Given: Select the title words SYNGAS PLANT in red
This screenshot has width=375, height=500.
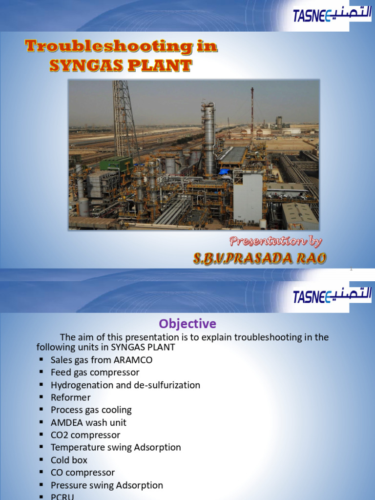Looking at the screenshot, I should [121, 65].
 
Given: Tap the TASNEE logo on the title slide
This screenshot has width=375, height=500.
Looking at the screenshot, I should [332, 16].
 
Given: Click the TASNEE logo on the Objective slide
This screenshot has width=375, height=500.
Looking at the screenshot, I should [332, 296].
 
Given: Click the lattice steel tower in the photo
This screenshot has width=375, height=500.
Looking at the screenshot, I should [123, 117].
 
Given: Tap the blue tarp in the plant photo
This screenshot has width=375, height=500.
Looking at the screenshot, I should [224, 171].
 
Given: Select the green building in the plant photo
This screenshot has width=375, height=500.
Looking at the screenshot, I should [116, 164].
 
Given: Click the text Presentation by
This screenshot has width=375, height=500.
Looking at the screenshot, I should [275, 241].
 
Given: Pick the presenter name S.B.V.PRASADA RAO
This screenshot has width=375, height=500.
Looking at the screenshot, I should [259, 259].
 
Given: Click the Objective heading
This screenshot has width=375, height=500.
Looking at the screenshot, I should [187, 324].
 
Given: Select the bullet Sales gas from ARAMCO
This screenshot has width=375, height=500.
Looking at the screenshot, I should [102, 360].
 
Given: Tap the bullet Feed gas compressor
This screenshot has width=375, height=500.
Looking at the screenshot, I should [95, 373].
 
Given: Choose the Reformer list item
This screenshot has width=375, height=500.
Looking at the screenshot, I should [71, 397].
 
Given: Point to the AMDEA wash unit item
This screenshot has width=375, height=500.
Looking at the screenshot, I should [88, 422].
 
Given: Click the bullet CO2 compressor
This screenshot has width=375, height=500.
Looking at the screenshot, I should [85, 435].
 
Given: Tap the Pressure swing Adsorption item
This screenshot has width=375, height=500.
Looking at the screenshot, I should [107, 485].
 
